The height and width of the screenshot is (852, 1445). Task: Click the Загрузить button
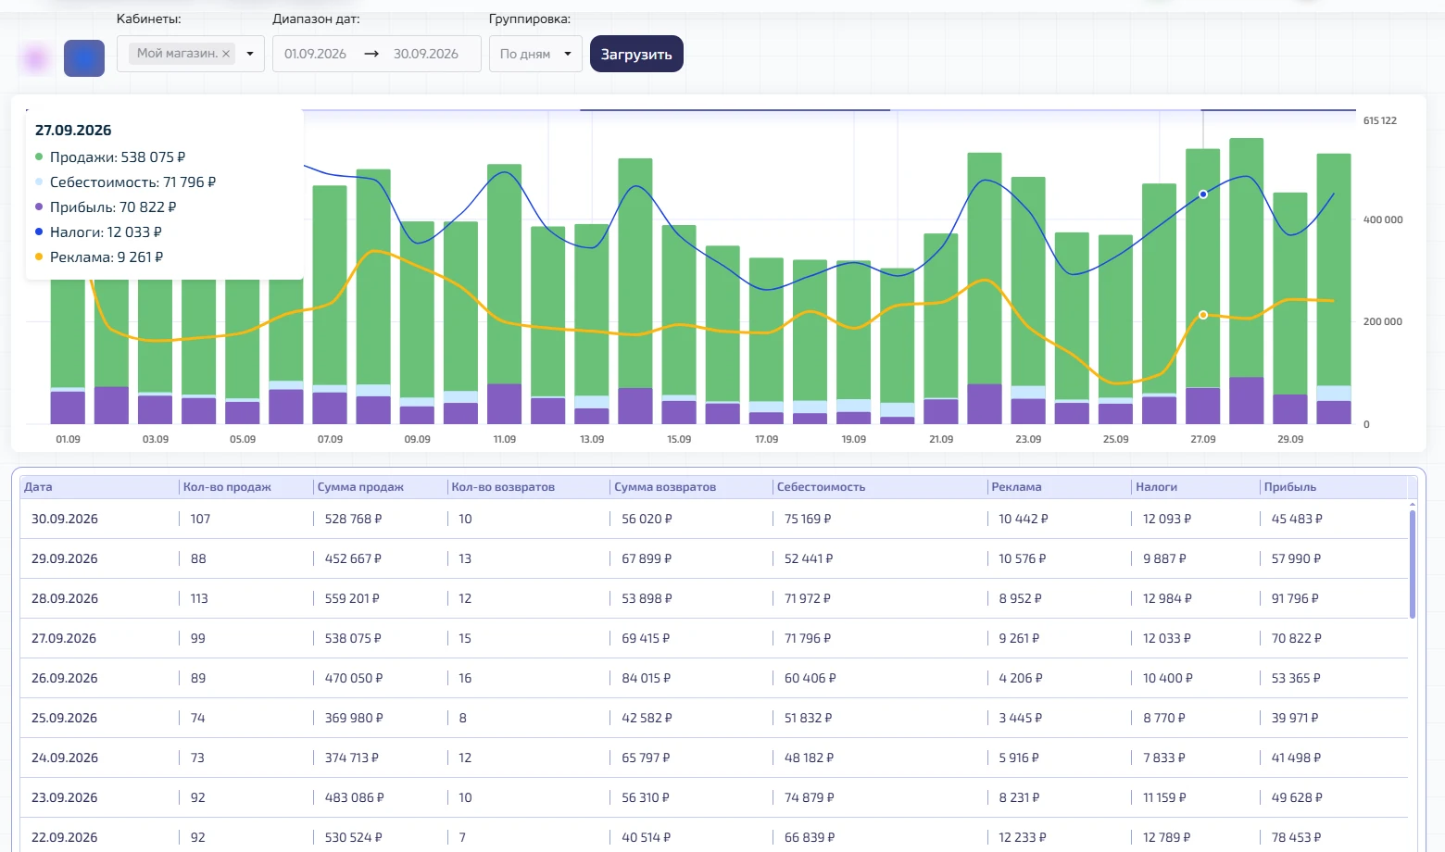636,55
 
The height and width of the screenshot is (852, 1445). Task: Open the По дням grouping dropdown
535,55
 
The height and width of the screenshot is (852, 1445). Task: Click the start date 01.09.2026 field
316,55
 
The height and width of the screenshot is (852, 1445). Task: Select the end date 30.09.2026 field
426,55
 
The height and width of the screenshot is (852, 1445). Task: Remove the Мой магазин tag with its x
226,55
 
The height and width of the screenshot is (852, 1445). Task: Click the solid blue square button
84,58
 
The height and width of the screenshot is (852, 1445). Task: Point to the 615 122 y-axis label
1380,120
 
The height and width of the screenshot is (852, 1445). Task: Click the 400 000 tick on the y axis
1382,219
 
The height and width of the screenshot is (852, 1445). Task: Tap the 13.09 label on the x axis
592,439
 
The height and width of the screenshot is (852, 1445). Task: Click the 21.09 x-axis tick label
940,439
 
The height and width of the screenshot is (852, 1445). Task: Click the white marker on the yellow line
1203,315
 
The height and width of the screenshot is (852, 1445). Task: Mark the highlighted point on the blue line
1203,194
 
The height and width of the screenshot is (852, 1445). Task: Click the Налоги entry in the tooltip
98,232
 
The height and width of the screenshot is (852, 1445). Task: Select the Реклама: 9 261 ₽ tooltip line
99,257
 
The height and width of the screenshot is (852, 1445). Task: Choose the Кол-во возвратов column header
503,487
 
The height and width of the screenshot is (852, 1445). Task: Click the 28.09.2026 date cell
65,598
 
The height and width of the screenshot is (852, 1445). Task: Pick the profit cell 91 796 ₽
1295,598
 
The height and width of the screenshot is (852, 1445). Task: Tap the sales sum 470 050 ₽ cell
354,678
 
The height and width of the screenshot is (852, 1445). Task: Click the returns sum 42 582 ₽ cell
647,718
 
